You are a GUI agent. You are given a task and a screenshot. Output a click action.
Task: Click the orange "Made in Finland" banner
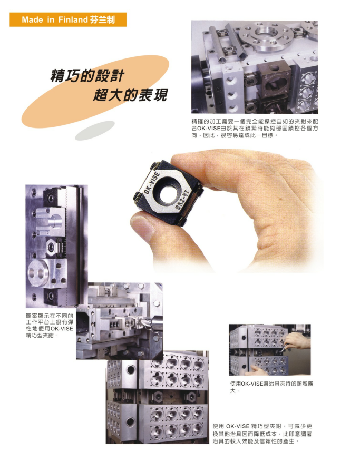pos(68,19)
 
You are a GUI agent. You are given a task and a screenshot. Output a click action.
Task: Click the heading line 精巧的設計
pos(87,76)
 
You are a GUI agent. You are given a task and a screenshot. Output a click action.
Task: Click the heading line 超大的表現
pos(130,94)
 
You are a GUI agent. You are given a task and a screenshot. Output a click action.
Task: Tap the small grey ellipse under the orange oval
pos(95,131)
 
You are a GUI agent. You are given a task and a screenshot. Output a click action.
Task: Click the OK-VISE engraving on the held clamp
pos(151,182)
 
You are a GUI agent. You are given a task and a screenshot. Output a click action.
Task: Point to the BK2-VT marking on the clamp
pos(182,200)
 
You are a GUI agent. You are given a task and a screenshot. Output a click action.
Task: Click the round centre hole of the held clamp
pos(167,193)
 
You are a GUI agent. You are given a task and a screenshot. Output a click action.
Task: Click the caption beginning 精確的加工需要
pos(255,129)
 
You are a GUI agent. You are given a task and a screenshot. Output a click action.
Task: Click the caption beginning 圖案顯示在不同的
pos(50,326)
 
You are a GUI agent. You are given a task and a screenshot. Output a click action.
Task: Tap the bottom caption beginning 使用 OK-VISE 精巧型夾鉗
pos(262,434)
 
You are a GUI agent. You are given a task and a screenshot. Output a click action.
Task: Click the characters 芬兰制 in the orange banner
pos(102,19)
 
